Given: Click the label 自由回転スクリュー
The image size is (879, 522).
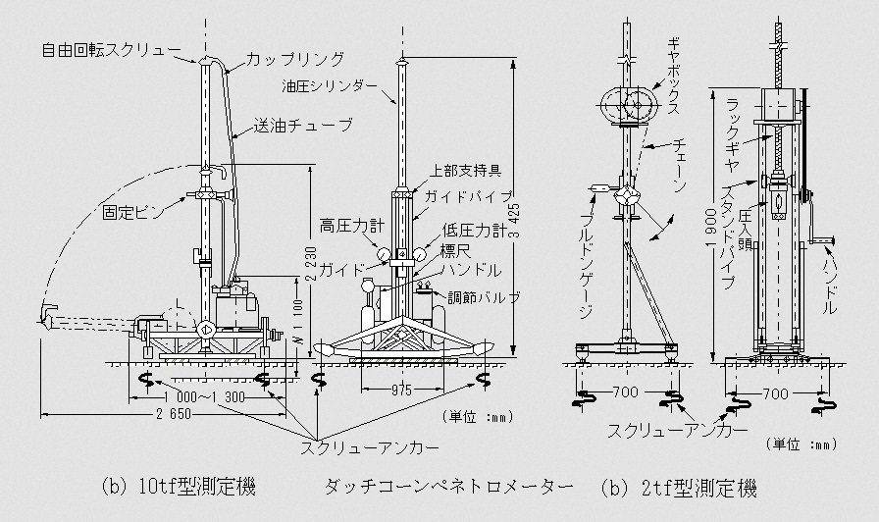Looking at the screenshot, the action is click(111, 50).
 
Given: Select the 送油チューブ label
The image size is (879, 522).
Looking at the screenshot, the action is click(303, 125).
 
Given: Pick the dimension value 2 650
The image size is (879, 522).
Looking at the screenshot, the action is click(172, 414).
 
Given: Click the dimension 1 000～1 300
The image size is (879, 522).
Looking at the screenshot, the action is click(205, 397).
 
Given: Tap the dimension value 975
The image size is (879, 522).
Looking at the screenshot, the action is click(401, 391).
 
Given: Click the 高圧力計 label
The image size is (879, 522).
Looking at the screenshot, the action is click(352, 226).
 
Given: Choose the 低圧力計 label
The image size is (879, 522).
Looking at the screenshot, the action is click(474, 231).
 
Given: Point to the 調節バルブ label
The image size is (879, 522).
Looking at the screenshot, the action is click(484, 297).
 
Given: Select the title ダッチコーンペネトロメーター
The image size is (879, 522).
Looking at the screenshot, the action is click(449, 486).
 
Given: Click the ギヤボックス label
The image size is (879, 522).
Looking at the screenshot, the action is click(673, 77).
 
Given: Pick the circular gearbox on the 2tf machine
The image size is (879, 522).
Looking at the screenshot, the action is click(628, 105).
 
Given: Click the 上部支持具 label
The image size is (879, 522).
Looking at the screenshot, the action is click(465, 171).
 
